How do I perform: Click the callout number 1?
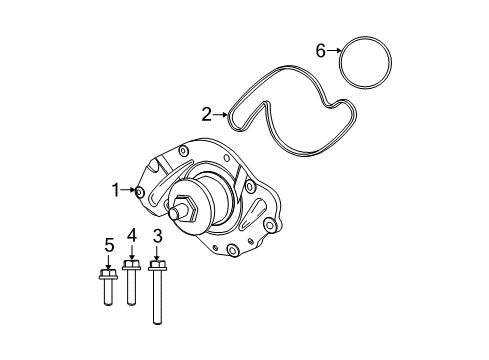[x=115, y=188]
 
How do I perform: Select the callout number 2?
[x=206, y=114]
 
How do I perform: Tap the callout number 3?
[x=156, y=237]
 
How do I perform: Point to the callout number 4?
[x=130, y=235]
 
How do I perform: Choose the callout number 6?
[x=321, y=50]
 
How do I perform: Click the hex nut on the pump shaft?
[x=184, y=213]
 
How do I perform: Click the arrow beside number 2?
[x=222, y=114]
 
